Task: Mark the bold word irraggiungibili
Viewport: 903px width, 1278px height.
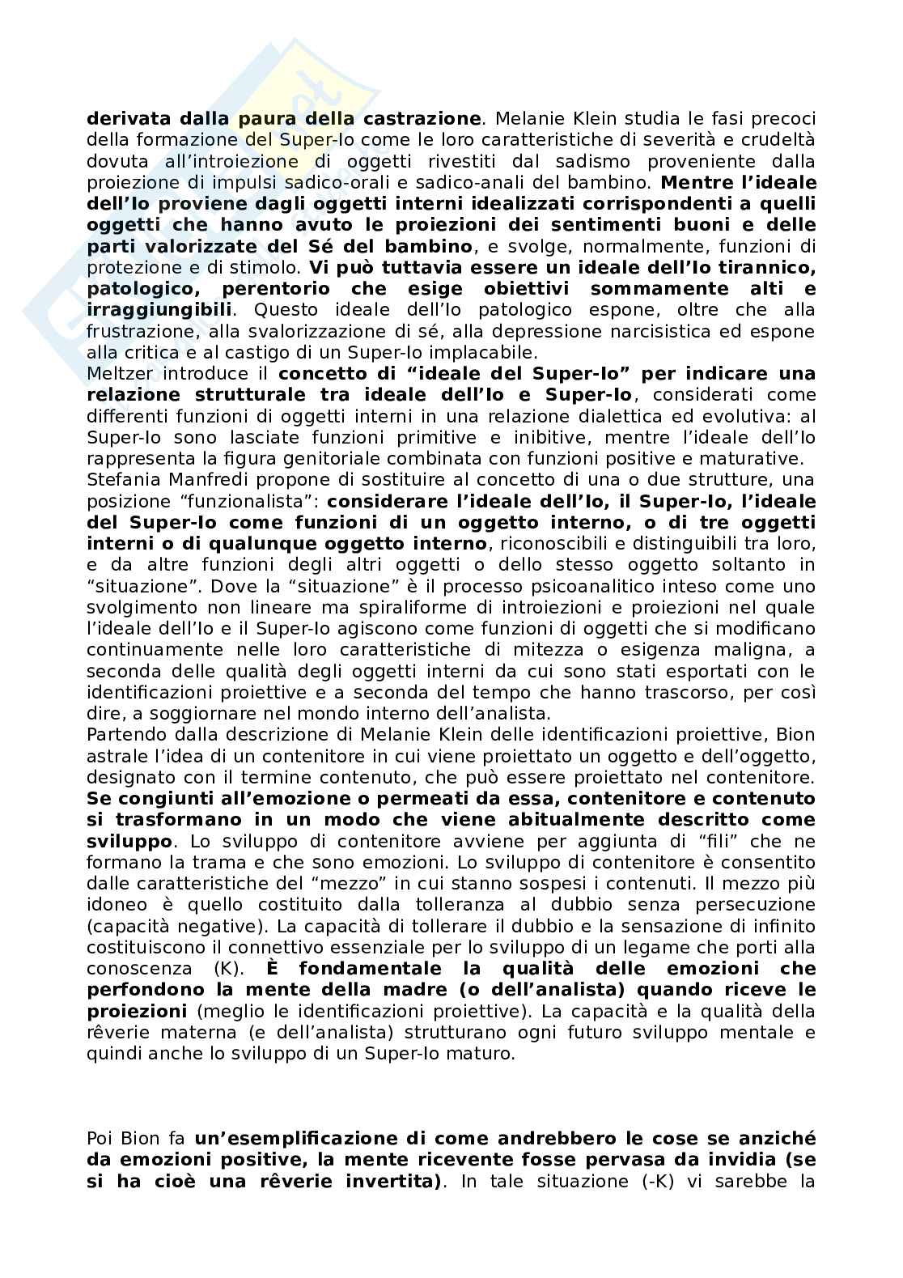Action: [x=159, y=310]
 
